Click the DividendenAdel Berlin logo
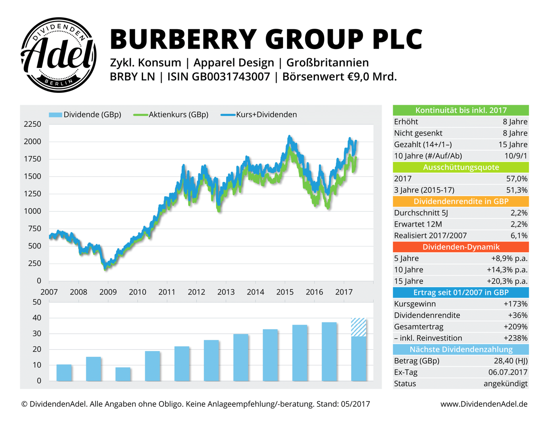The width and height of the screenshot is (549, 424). pyautogui.click(x=59, y=55)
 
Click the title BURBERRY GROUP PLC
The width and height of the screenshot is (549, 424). pyautogui.click(x=266, y=39)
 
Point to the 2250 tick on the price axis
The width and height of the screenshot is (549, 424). pyautogui.click(x=32, y=125)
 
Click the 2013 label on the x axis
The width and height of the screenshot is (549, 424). pyautogui.click(x=226, y=292)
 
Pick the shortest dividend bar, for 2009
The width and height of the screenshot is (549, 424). pyautogui.click(x=123, y=374)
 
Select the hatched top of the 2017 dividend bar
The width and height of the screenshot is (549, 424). pyautogui.click(x=358, y=327)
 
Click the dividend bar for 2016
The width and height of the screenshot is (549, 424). pyautogui.click(x=329, y=352)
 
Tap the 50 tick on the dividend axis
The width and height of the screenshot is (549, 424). pyautogui.click(x=37, y=303)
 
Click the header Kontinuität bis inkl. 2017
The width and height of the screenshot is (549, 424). pyautogui.click(x=461, y=110)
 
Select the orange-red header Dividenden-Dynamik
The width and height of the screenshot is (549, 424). pyautogui.click(x=461, y=247)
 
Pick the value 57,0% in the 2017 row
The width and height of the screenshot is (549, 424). pyautogui.click(x=517, y=179)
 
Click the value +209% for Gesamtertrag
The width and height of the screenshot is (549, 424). pyautogui.click(x=515, y=327)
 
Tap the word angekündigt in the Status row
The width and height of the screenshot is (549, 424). pyautogui.click(x=505, y=384)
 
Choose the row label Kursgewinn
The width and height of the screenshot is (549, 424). pyautogui.click(x=415, y=304)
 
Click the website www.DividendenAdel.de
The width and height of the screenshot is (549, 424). pyautogui.click(x=484, y=404)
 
